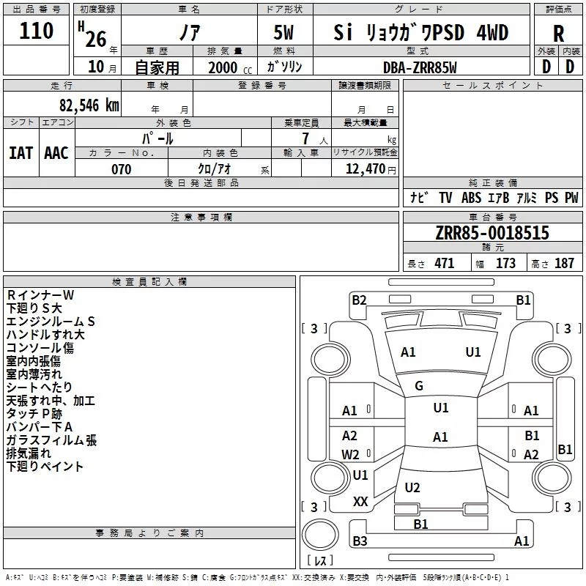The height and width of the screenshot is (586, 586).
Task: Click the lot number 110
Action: (36, 31)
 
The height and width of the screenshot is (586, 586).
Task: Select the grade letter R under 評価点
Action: (558, 34)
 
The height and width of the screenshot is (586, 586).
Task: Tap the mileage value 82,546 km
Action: (89, 105)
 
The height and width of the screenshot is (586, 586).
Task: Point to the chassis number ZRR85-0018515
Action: (492, 233)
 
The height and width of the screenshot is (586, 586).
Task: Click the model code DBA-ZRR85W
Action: (420, 67)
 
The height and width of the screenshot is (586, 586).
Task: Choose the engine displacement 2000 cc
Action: (230, 67)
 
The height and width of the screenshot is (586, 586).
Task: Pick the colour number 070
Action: (121, 169)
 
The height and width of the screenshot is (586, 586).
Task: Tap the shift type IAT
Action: (21, 153)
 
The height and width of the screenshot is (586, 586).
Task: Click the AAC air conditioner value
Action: (56, 153)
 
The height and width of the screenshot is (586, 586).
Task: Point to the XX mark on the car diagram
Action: (360, 502)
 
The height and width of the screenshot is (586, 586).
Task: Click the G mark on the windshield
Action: (419, 386)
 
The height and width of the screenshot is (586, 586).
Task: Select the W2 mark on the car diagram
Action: (350, 454)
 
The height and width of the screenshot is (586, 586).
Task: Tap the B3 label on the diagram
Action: (360, 541)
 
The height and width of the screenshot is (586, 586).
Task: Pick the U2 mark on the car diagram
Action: (412, 487)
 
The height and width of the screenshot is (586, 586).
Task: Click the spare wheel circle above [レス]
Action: (320, 535)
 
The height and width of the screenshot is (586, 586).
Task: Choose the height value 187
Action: (564, 263)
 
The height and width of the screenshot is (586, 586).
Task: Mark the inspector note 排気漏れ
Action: (29, 453)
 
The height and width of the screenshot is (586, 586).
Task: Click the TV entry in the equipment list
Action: (445, 197)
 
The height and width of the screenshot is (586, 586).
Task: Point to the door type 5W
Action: (283, 32)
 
